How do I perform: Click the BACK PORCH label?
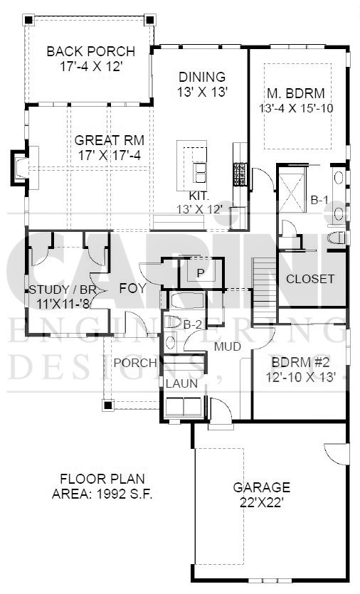[x=90, y=51]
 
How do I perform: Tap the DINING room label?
[x=202, y=77]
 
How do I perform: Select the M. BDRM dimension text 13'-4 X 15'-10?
[x=296, y=108]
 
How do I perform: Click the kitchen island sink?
[x=200, y=173]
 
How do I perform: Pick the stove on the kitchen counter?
[x=240, y=174]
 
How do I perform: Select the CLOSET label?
[x=310, y=279]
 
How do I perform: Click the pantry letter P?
[x=201, y=273]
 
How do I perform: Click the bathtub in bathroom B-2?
[x=187, y=301]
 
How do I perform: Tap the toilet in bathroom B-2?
[x=174, y=322]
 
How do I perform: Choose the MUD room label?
[x=228, y=346]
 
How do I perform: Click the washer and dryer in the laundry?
[x=184, y=406]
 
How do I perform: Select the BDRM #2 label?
[x=300, y=363]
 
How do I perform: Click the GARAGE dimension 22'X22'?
[x=262, y=503]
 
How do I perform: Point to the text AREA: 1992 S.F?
[x=102, y=494]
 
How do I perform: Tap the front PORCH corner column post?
[x=108, y=405]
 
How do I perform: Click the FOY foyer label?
[x=132, y=289]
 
